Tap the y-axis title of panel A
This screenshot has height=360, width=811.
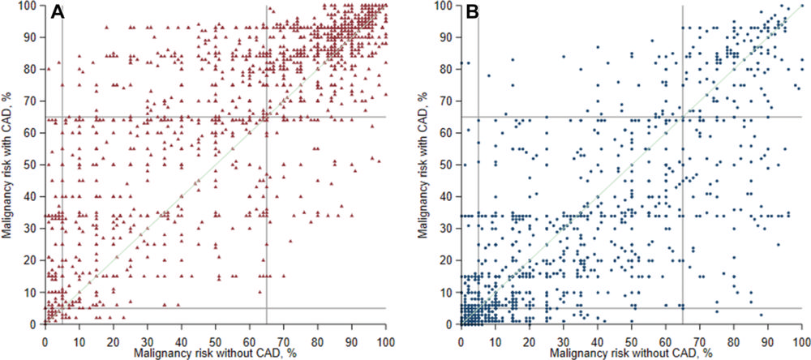tap(7, 164)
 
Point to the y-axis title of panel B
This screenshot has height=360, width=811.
tap(424, 164)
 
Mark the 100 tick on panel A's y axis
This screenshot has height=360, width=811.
tap(31, 6)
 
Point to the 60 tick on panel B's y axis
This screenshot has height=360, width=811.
tap(449, 133)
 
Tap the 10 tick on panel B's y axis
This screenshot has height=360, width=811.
tap(449, 292)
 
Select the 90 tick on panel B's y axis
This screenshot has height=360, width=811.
tap(449, 37)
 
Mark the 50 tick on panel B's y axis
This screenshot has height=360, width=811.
tap(449, 165)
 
